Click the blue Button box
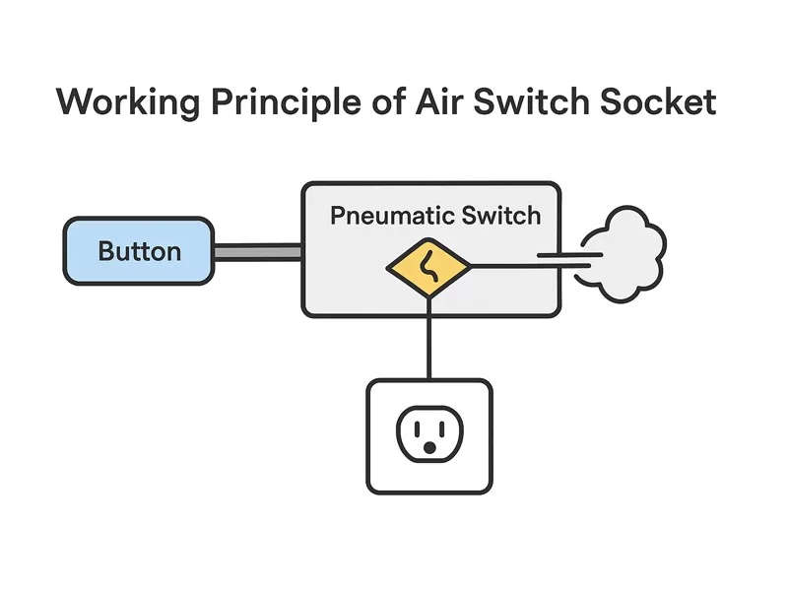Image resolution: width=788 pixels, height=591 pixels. tap(139, 251)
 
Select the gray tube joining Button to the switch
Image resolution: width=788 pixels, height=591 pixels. tap(257, 252)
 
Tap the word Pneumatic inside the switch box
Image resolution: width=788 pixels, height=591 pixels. tap(390, 216)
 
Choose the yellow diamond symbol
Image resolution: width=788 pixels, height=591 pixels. tap(428, 267)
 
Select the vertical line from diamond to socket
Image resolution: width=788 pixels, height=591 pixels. tap(428, 340)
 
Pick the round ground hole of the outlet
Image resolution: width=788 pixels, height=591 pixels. tap(428, 448)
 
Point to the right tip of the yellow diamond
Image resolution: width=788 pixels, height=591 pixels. tap(471, 266)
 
